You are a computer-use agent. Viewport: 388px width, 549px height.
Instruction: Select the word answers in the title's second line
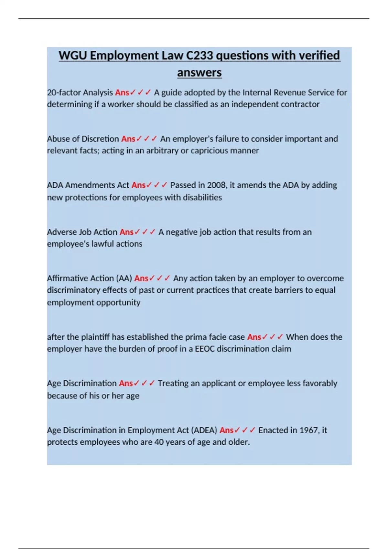tap(199, 72)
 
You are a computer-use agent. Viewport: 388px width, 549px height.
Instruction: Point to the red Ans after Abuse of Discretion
tap(128, 139)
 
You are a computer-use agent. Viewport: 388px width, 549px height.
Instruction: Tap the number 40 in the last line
tap(159, 442)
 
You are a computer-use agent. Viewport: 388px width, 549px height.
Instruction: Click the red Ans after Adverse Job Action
tap(126, 232)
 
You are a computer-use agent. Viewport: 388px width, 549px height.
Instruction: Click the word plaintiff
tap(95, 337)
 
